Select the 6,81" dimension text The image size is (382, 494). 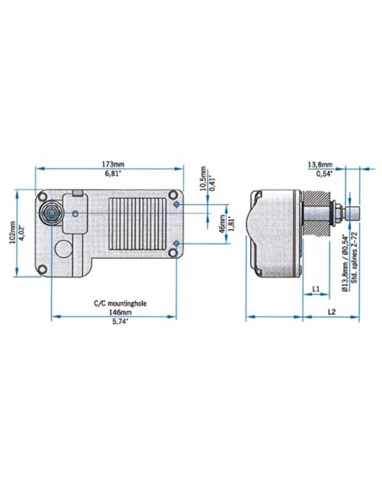[x=112, y=173]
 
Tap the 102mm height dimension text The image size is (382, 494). [x=12, y=230]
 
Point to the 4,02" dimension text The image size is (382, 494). [x=23, y=230]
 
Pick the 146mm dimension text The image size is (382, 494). [x=114, y=312]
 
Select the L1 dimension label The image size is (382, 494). [x=314, y=290]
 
